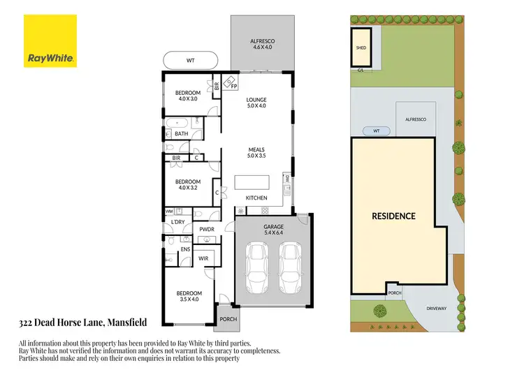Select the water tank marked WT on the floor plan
click(191, 61)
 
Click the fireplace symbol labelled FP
click(233, 86)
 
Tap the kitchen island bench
click(252, 182)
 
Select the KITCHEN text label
click(257, 198)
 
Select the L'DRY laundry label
click(178, 222)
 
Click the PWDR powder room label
click(206, 228)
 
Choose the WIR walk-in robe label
click(203, 258)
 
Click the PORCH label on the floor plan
click(228, 319)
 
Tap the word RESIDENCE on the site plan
click(393, 216)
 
